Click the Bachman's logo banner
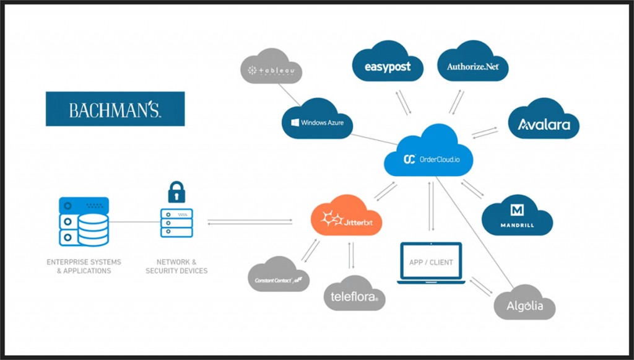click(115, 109)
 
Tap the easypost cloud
click(388, 64)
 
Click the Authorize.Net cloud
click(472, 64)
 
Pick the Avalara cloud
click(543, 123)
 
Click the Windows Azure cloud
click(318, 120)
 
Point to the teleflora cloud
click(354, 294)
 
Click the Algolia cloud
click(524, 303)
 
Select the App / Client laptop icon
click(431, 263)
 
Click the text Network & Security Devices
click(176, 266)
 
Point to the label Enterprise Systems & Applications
click(84, 266)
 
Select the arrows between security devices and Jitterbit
click(250, 221)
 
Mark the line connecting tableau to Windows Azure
click(289, 95)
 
